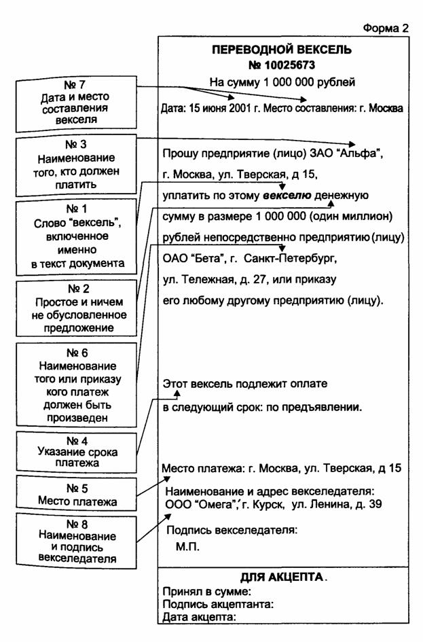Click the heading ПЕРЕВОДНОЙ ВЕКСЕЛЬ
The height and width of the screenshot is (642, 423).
point(282,50)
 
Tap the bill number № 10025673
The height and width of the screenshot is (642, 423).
point(282,65)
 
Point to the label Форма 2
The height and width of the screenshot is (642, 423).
point(386,28)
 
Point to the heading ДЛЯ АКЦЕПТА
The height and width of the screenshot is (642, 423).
point(282,577)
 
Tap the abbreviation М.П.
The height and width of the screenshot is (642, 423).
point(188,547)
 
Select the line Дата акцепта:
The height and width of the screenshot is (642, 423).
point(199,617)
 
